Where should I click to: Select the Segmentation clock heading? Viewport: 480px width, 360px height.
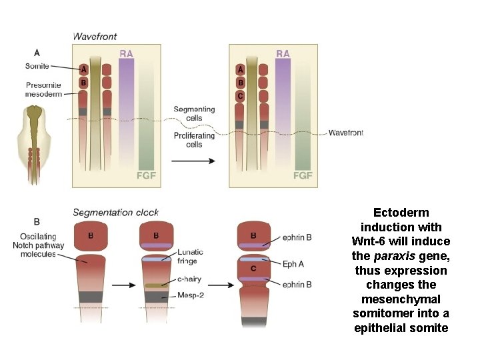(x=115, y=213)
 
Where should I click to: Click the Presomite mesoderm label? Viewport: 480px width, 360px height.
(x=44, y=89)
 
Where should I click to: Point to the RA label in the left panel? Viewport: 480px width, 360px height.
(x=126, y=53)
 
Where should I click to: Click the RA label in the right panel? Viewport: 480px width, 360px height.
(x=283, y=53)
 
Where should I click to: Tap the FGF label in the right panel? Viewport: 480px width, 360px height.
(x=303, y=176)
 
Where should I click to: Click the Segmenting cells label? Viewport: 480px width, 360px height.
(x=194, y=113)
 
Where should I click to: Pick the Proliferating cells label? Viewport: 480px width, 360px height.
(x=194, y=140)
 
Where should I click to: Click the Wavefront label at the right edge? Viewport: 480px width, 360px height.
(x=345, y=133)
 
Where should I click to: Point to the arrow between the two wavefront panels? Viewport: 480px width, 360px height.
(x=193, y=161)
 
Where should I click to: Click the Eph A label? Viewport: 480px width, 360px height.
(x=293, y=264)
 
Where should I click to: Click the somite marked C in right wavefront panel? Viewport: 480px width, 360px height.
(x=240, y=96)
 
